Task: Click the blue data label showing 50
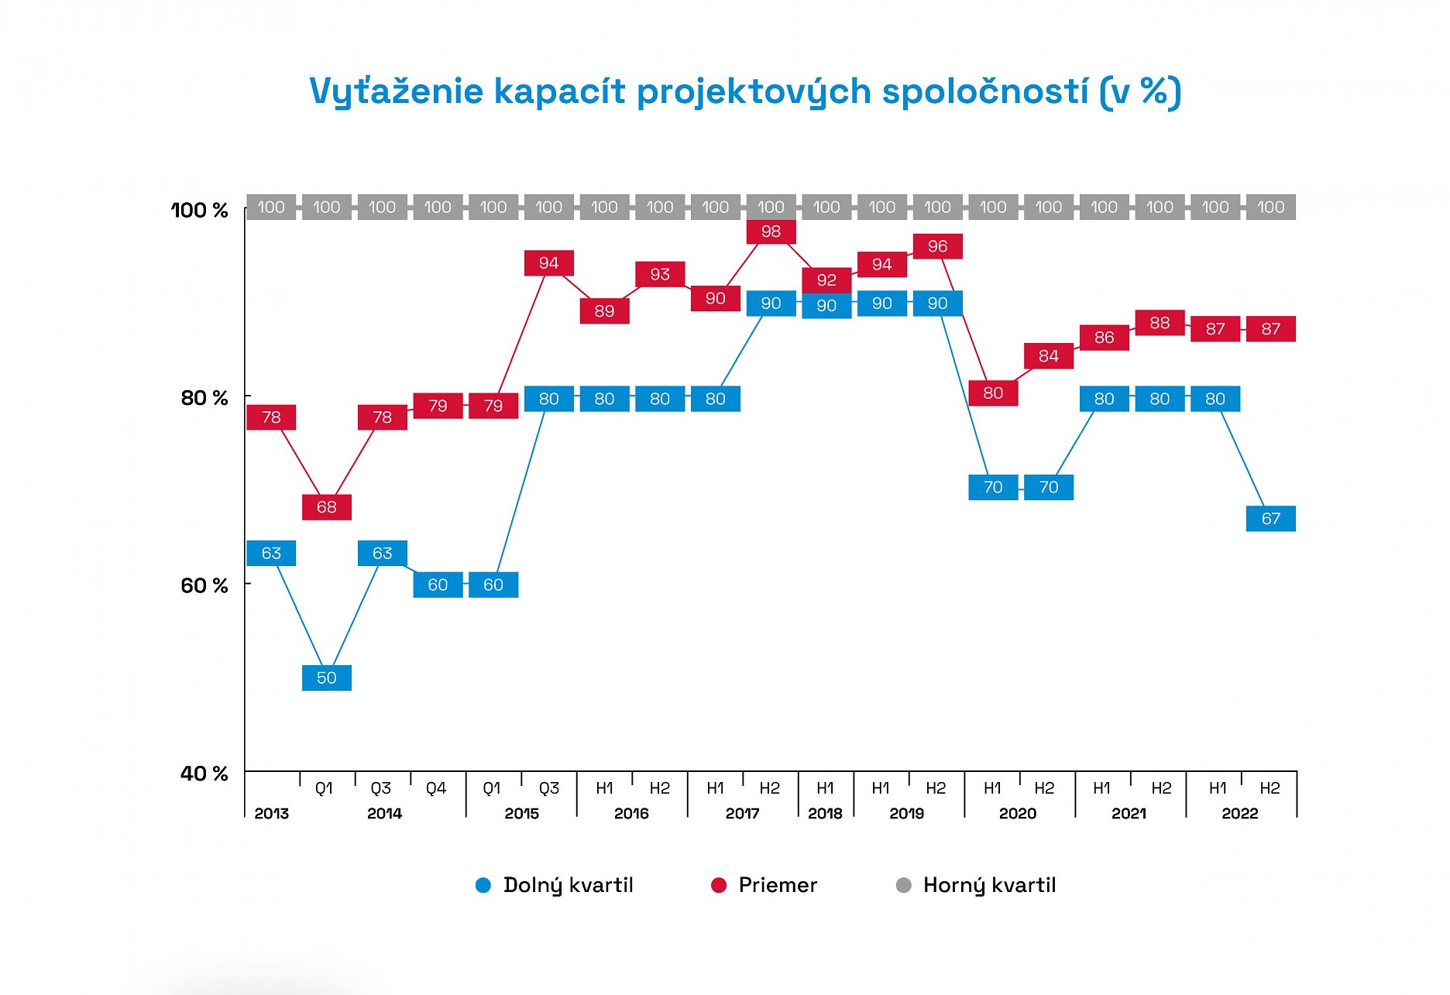[x=326, y=678]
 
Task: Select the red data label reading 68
[x=326, y=507]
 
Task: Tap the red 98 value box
[x=771, y=232]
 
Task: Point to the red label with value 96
[x=937, y=246]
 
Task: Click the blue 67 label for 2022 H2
[x=1270, y=519]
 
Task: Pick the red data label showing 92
[x=826, y=280]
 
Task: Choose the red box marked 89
[x=604, y=311]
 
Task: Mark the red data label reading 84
[x=1048, y=356]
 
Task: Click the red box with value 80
[x=993, y=393]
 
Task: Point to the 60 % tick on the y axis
[x=204, y=585]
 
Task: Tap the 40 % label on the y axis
[x=204, y=774]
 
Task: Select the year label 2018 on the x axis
[x=825, y=813]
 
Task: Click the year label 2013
[x=271, y=813]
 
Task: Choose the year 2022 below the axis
[x=1239, y=813]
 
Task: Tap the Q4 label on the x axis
[x=436, y=788]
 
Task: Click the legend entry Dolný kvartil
[x=568, y=885]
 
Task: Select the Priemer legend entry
[x=777, y=885]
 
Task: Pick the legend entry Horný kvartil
[x=989, y=885]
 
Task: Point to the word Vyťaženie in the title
[x=396, y=91]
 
